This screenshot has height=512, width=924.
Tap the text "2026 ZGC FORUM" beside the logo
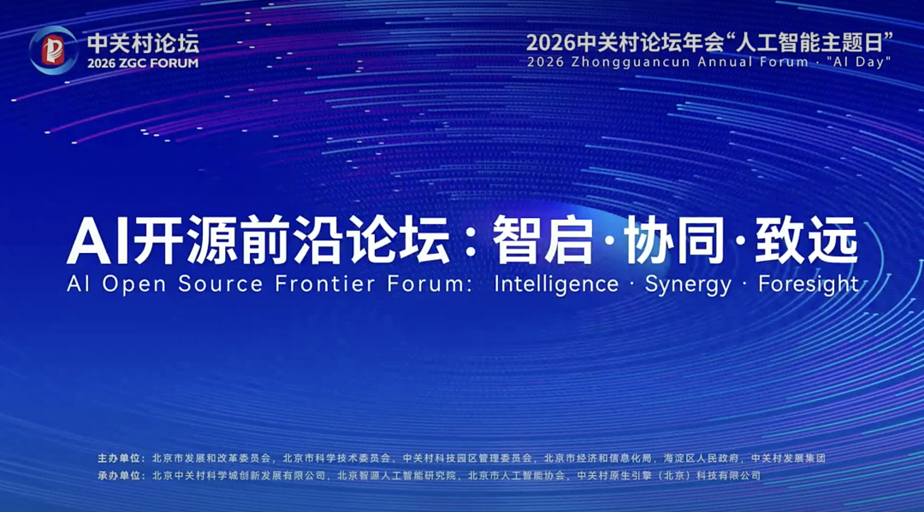143,63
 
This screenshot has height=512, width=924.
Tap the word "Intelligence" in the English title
556,285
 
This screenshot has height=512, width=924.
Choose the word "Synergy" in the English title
689,285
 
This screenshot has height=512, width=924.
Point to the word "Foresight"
808,285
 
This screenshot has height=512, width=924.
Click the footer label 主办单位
120,458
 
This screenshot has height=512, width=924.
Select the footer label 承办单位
120,475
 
